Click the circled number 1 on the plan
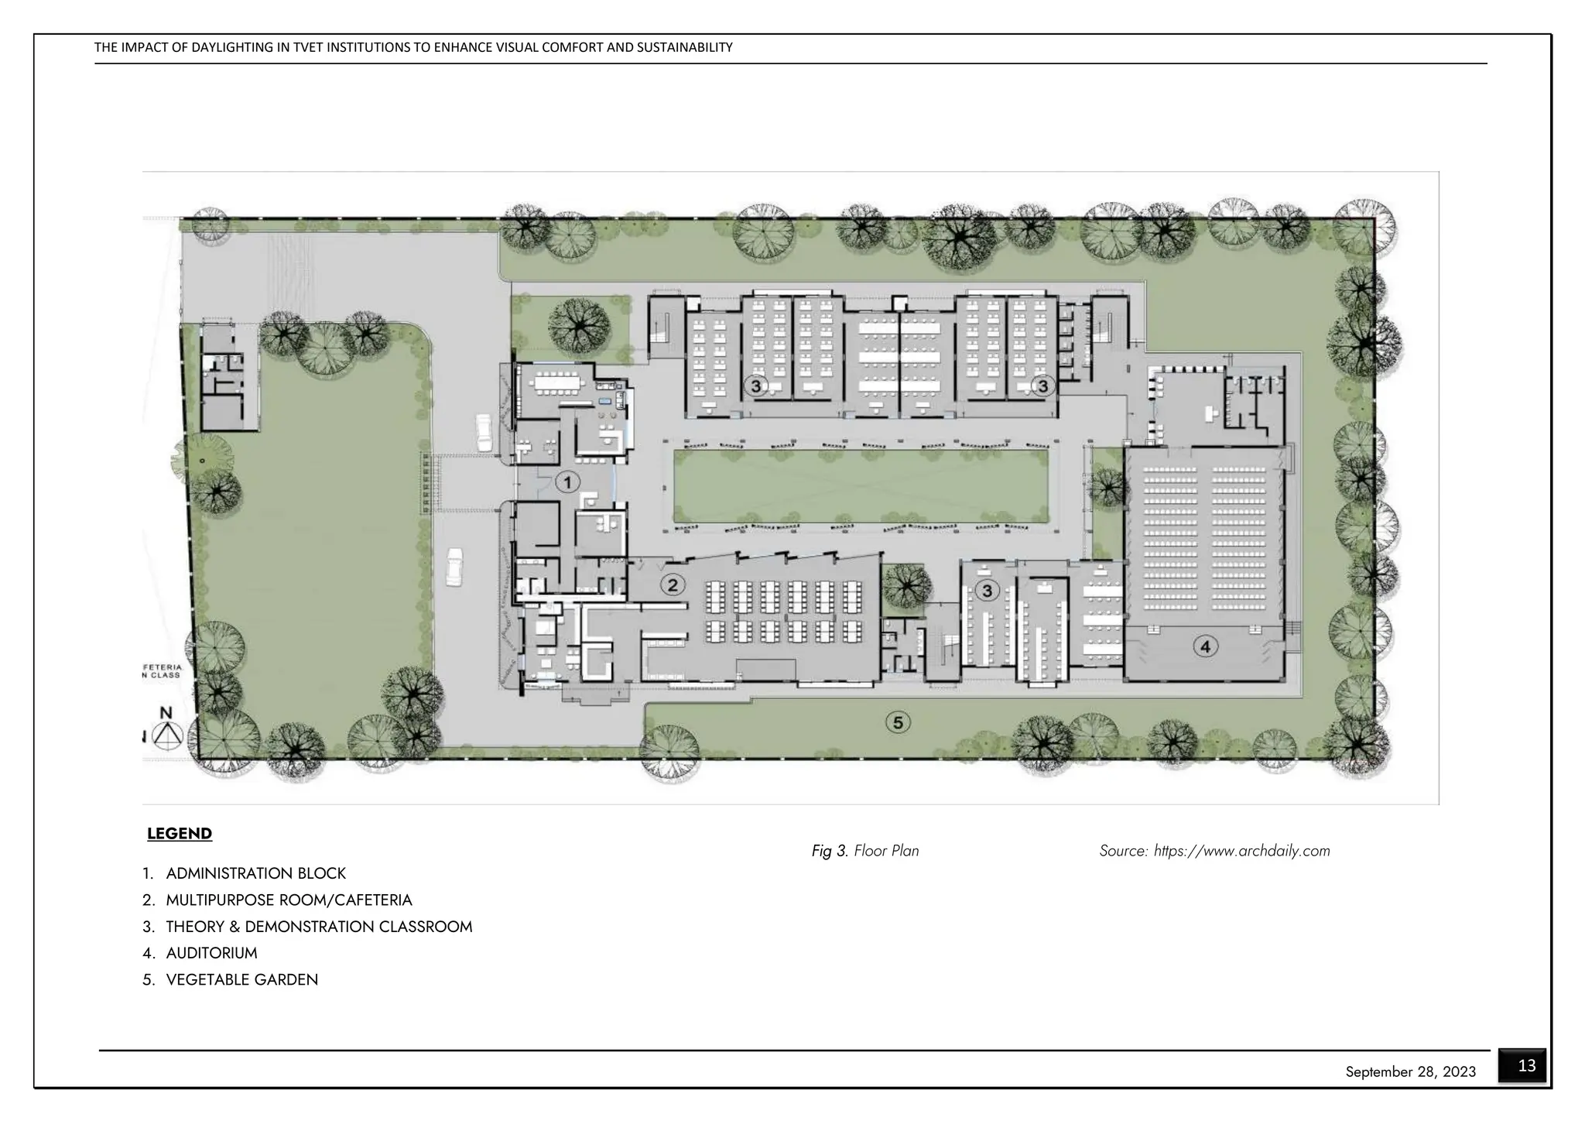[567, 482]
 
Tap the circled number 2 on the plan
[673, 585]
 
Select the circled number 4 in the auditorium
[1205, 646]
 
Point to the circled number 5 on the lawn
[898, 722]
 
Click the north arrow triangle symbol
[166, 736]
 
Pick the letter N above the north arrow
[166, 713]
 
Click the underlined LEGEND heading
[180, 834]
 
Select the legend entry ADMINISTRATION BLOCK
[255, 873]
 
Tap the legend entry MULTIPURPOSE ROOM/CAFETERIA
[289, 900]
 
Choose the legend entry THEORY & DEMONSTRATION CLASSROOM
[319, 927]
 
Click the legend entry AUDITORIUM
[211, 953]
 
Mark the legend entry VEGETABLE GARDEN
[241, 980]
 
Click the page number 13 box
[1526, 1066]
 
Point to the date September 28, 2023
[1410, 1072]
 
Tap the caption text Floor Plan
[886, 851]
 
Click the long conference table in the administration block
[553, 382]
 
